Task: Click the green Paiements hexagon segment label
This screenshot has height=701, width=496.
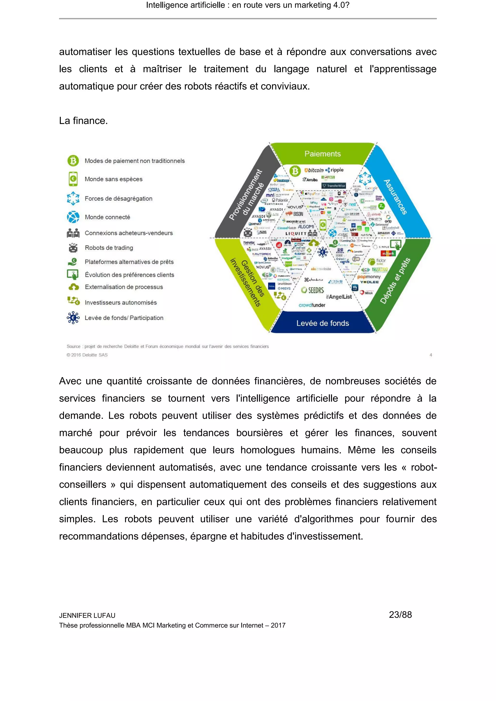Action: (x=323, y=154)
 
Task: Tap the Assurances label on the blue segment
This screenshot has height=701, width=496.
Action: (x=395, y=197)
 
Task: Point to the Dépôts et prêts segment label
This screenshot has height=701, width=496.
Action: (x=395, y=281)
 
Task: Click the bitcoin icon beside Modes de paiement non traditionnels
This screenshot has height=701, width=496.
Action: (x=73, y=160)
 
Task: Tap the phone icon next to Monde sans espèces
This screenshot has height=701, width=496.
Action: (x=73, y=179)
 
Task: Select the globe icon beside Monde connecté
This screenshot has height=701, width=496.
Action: (x=73, y=217)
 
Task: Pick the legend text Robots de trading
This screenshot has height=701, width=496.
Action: (x=109, y=248)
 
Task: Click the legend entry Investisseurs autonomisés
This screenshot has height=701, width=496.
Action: (x=121, y=303)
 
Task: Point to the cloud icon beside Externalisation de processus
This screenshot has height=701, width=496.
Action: (x=73, y=287)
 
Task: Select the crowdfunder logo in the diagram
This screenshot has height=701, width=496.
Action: (x=312, y=305)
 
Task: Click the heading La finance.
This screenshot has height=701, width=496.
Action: (x=83, y=121)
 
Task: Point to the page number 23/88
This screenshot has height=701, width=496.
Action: (x=400, y=615)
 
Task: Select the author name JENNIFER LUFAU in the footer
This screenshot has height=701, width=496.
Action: (x=87, y=616)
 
